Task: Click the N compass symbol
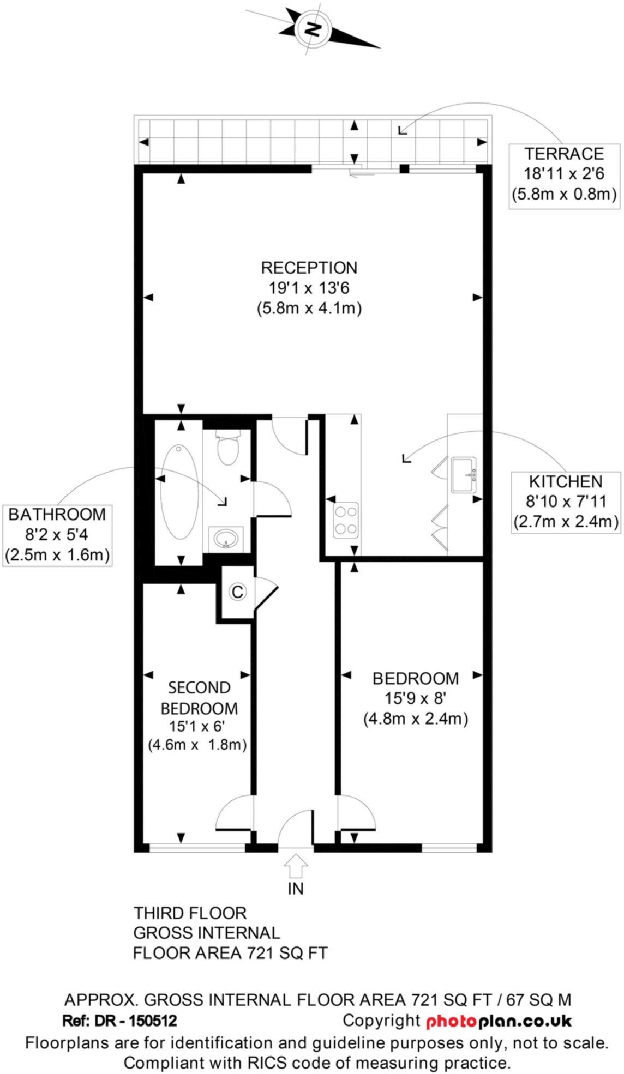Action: pyautogui.click(x=313, y=28)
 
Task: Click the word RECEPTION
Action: pyautogui.click(x=309, y=268)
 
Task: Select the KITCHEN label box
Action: pyautogui.click(x=566, y=502)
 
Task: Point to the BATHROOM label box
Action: pyautogui.click(x=57, y=534)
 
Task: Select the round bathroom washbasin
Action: pyautogui.click(x=226, y=539)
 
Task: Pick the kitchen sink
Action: pyautogui.click(x=464, y=475)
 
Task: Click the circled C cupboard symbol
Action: pyautogui.click(x=237, y=592)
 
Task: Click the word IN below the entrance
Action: pyautogui.click(x=296, y=889)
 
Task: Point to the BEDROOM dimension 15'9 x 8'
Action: pyautogui.click(x=416, y=698)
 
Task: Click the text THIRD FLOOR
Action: pyautogui.click(x=190, y=913)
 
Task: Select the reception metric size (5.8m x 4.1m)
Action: pyautogui.click(x=309, y=308)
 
